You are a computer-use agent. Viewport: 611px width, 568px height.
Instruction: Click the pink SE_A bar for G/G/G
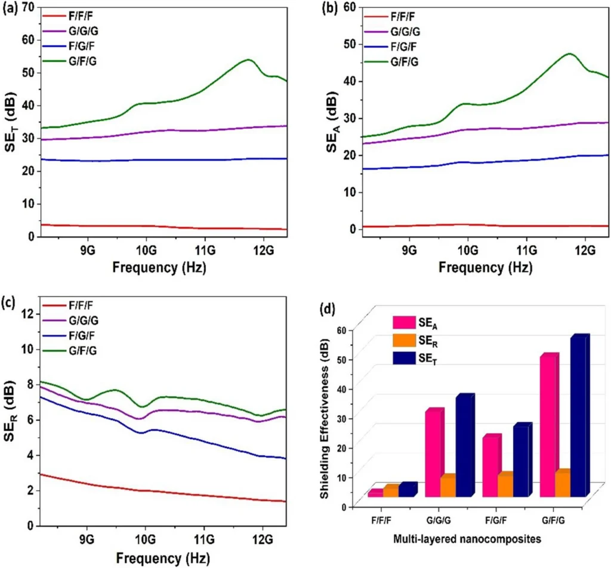click(x=434, y=453)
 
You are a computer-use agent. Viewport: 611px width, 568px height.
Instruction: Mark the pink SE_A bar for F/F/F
click(x=375, y=493)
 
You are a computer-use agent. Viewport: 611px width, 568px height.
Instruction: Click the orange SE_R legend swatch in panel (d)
click(x=403, y=341)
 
